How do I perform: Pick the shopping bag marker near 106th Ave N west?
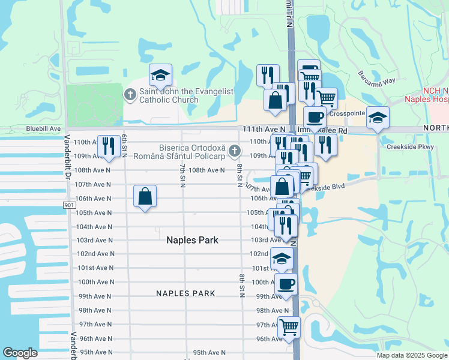click(x=145, y=196)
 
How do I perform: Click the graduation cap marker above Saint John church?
click(x=160, y=75)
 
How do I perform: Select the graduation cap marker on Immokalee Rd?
click(x=378, y=118)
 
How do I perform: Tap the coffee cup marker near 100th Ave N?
click(x=286, y=283)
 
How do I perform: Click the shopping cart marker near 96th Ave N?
click(x=289, y=327)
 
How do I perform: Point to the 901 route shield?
click(x=68, y=205)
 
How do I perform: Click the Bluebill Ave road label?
click(x=43, y=129)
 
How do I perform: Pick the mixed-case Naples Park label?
click(x=191, y=240)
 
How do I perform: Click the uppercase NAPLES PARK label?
click(x=185, y=293)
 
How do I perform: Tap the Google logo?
click(x=20, y=353)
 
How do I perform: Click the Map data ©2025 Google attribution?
click(x=412, y=355)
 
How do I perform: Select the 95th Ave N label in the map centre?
click(x=209, y=352)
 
